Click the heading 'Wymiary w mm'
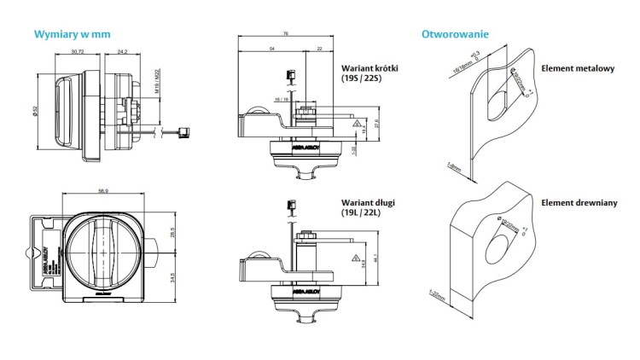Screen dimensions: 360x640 [72, 35]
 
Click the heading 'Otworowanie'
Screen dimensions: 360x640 [455, 35]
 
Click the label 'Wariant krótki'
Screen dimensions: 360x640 [370, 67]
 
